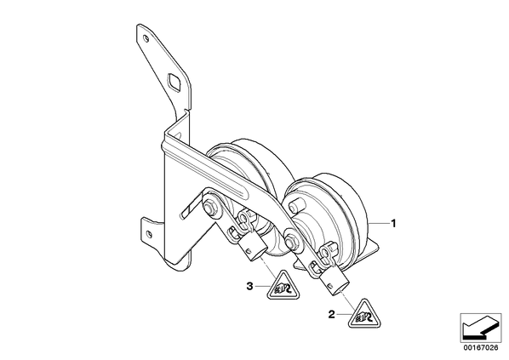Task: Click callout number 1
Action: [x=393, y=223]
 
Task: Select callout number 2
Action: [x=331, y=314]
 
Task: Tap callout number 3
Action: [x=249, y=286]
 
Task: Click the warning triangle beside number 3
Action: [x=283, y=286]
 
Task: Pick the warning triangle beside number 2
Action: [x=364, y=313]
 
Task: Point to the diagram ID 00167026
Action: [x=481, y=348]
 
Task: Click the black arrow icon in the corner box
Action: [x=480, y=329]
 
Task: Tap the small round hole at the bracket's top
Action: [x=146, y=39]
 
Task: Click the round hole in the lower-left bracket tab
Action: [x=149, y=234]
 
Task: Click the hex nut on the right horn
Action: [x=289, y=241]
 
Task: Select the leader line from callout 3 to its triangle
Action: [x=261, y=286]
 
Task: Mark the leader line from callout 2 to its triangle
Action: [x=343, y=314]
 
